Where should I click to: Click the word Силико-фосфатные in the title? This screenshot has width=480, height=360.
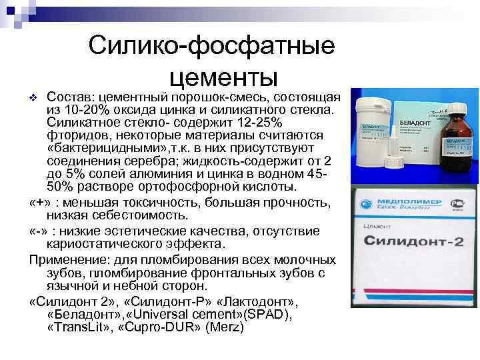pyautogui.click(x=211, y=46)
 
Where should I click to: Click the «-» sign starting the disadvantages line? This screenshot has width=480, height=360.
pyautogui.click(x=39, y=231)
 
